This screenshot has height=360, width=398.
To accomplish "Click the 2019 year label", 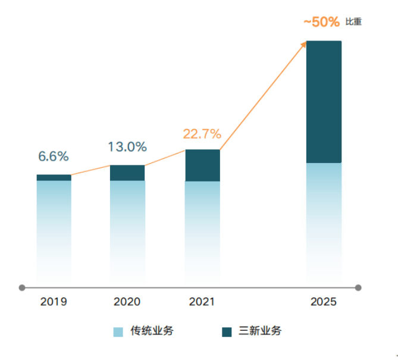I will [54, 302].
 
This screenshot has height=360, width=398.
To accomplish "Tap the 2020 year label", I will [127, 302].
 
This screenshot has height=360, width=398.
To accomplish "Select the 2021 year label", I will [202, 302].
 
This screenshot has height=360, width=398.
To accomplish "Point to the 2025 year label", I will [324, 302].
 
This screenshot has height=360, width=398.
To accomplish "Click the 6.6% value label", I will [54, 156].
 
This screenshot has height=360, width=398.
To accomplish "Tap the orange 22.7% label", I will [202, 133].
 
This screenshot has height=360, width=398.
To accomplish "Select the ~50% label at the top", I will [321, 22].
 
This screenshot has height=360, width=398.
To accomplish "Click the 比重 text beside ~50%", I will [353, 22].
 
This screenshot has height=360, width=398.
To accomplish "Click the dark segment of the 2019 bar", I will [54, 177].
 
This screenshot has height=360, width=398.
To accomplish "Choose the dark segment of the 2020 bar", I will [127, 173].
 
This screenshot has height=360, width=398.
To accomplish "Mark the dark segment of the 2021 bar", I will [202, 165].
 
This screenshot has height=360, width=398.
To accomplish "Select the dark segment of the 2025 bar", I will [324, 101].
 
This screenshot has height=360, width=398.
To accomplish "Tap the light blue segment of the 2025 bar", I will [324, 220].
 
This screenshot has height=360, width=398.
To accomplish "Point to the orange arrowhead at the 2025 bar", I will [305, 43].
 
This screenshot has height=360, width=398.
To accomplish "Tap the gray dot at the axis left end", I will [22, 287].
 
